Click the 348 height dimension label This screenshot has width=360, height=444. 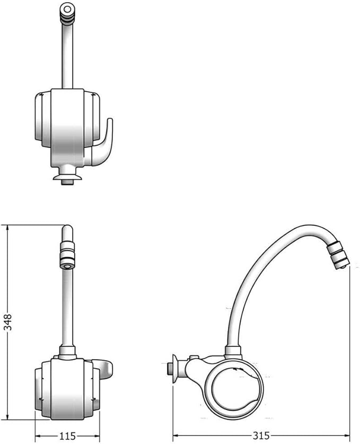coord(8,322)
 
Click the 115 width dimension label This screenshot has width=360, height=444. coord(68,436)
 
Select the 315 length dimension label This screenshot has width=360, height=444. coord(261,436)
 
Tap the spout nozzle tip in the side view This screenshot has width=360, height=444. coord(338,256)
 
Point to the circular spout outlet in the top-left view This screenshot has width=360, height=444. coord(67,10)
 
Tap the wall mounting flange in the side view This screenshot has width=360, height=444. coord(175,368)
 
